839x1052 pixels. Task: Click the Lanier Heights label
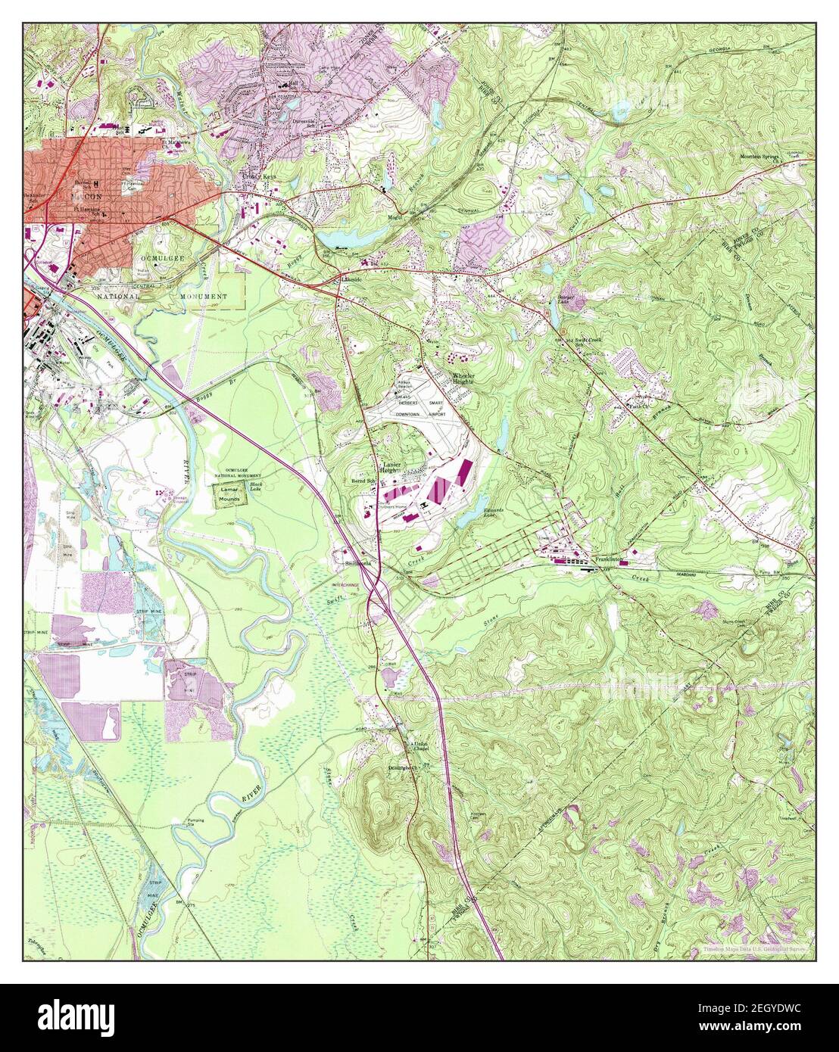point(391,467)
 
